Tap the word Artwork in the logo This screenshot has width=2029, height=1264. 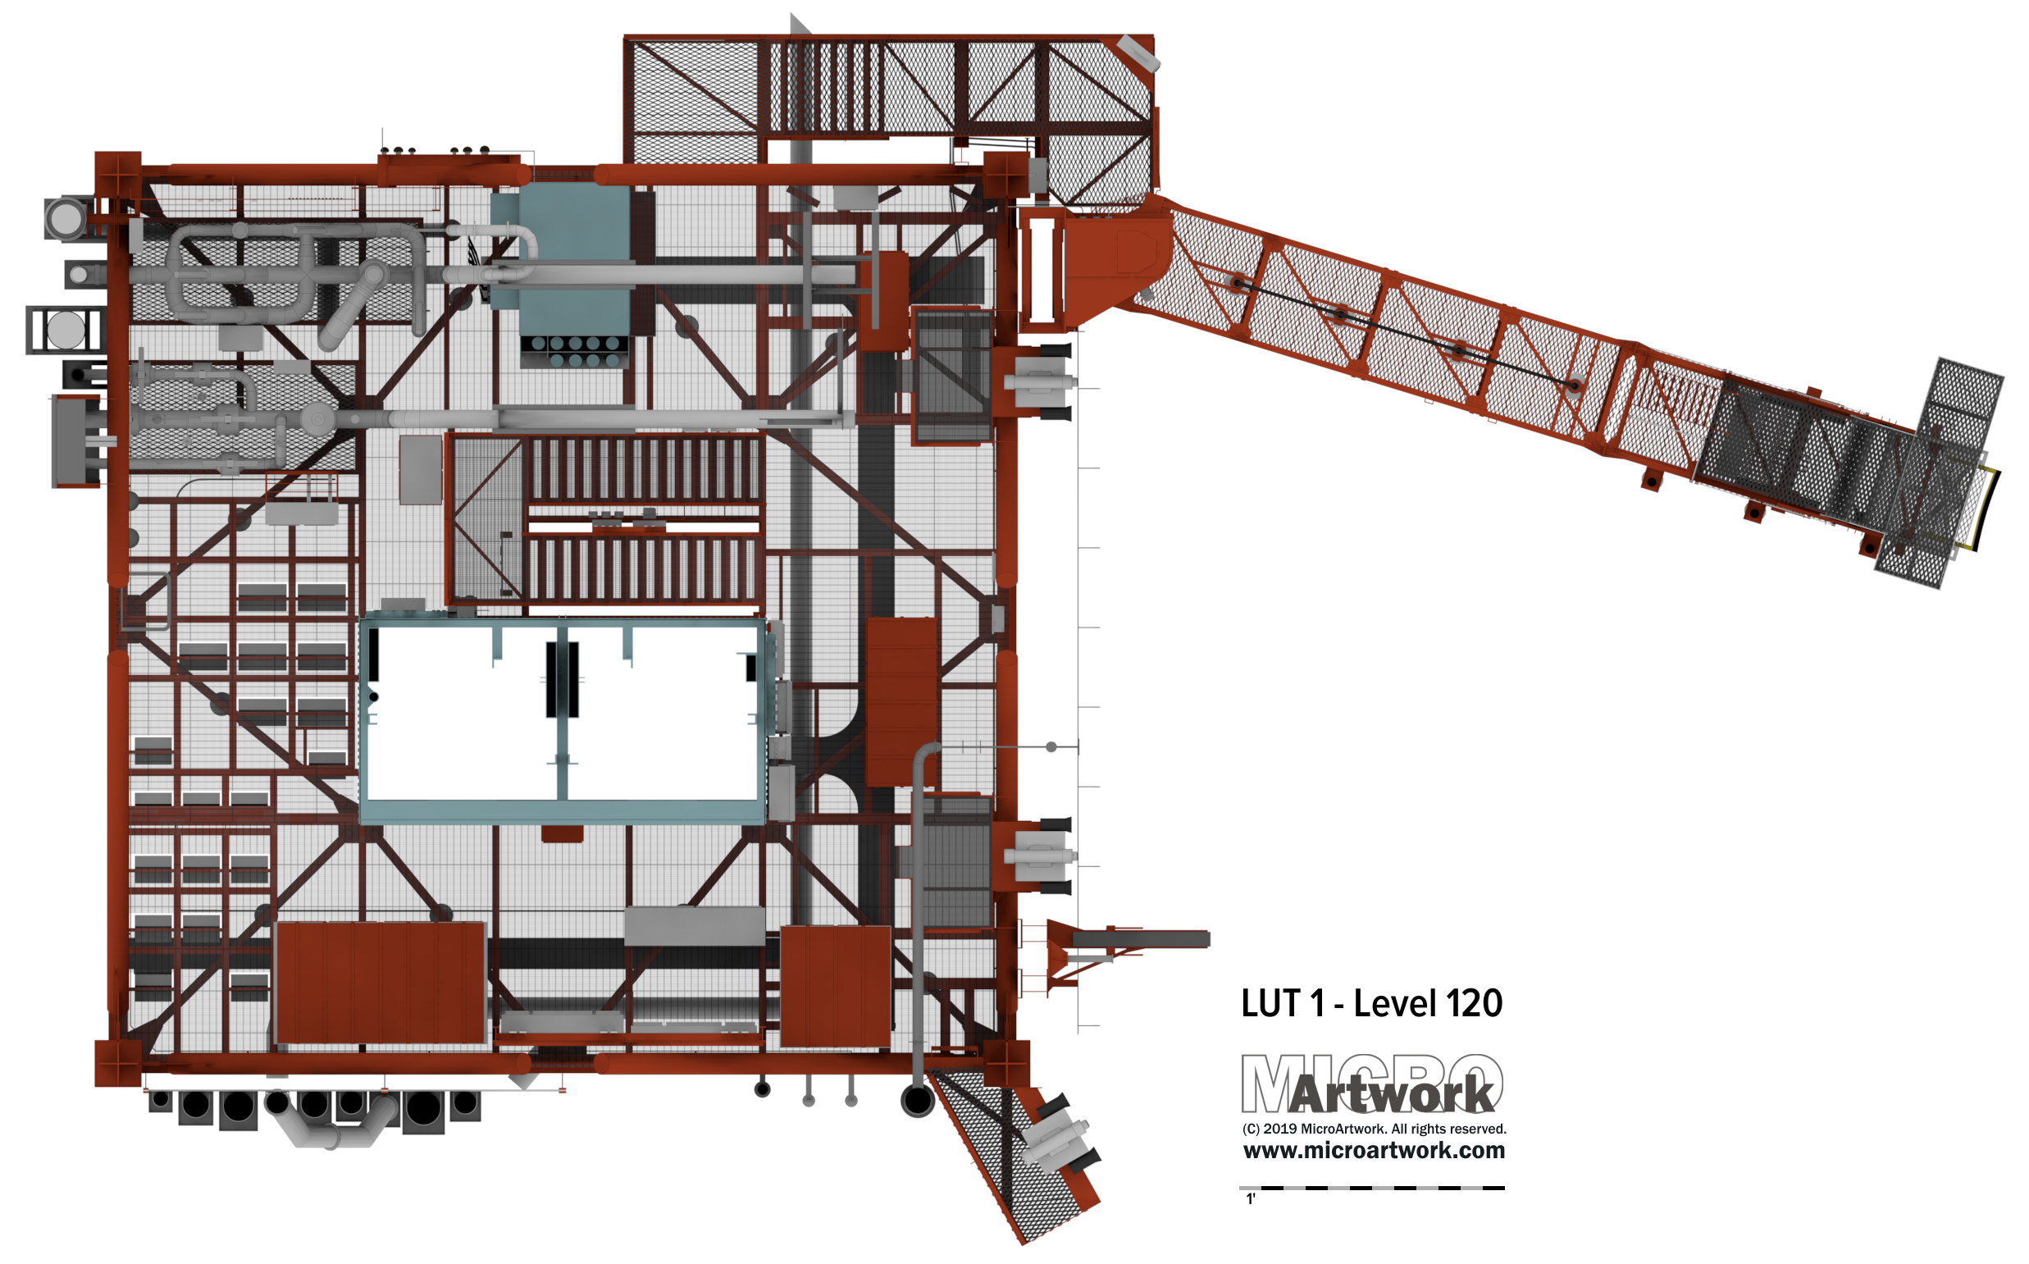1391,1094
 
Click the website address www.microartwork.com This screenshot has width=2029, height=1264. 1374,1150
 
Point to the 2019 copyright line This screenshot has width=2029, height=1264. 1374,1129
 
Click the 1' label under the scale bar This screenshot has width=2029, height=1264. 1251,1199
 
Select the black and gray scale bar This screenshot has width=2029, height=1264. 1372,1187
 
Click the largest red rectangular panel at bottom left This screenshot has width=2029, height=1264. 381,983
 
